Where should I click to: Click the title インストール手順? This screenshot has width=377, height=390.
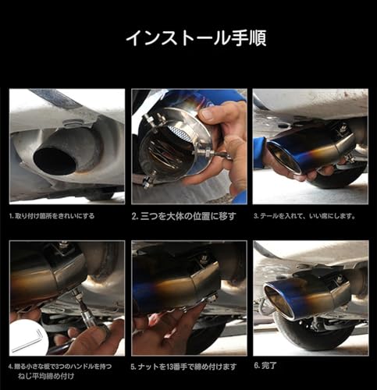coord(188,38)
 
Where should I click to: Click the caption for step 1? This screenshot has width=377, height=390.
coord(52,215)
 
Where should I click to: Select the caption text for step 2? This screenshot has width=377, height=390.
coord(183,215)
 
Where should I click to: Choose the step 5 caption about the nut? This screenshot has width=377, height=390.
coord(184,364)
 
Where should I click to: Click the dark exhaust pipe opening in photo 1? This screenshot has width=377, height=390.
coord(55,159)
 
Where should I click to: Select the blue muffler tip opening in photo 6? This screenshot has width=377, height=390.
coord(280,302)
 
